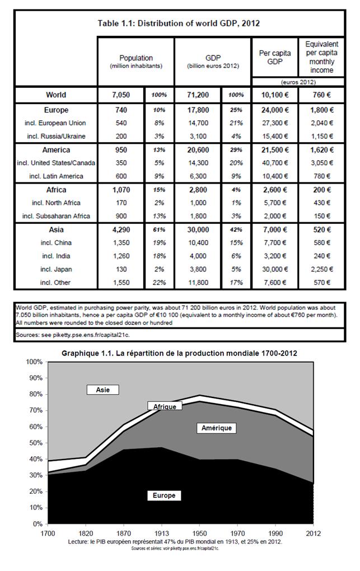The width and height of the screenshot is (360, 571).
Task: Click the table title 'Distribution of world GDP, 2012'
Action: click(x=179, y=24)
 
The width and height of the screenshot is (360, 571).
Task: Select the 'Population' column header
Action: click(x=135, y=58)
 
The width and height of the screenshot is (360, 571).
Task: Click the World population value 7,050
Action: click(x=121, y=95)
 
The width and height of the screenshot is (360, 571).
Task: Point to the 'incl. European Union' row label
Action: click(x=55, y=123)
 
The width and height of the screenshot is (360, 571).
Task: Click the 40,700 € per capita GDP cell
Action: click(x=274, y=163)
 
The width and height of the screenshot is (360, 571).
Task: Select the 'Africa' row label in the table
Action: click(x=55, y=190)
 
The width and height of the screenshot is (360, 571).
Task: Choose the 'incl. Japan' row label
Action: click(x=55, y=269)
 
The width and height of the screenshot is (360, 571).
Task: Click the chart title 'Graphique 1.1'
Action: click(x=179, y=353)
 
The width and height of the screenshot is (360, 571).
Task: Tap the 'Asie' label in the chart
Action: click(x=103, y=390)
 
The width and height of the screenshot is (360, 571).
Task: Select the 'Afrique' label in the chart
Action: click(x=165, y=407)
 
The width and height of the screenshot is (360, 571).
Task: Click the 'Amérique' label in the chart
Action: click(x=216, y=428)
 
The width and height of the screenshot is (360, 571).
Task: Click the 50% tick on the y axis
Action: click(x=34, y=443)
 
